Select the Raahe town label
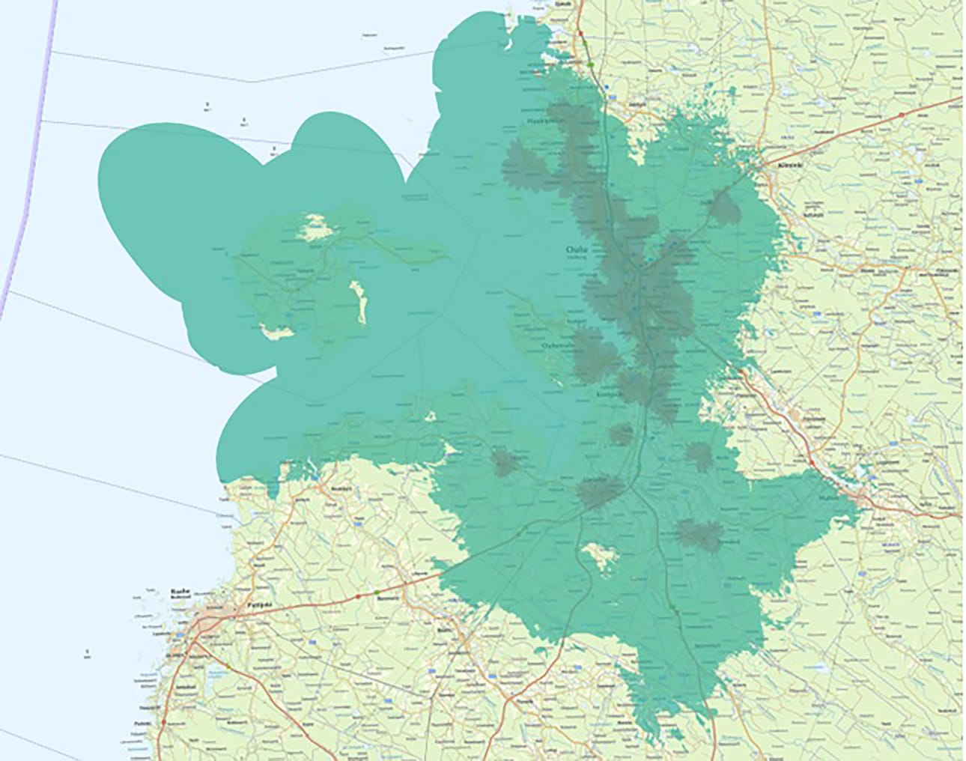click(x=178, y=589)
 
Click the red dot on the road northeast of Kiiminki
click(x=901, y=115)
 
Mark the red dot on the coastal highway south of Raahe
click(x=162, y=721)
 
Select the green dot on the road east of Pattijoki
click(x=377, y=592)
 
